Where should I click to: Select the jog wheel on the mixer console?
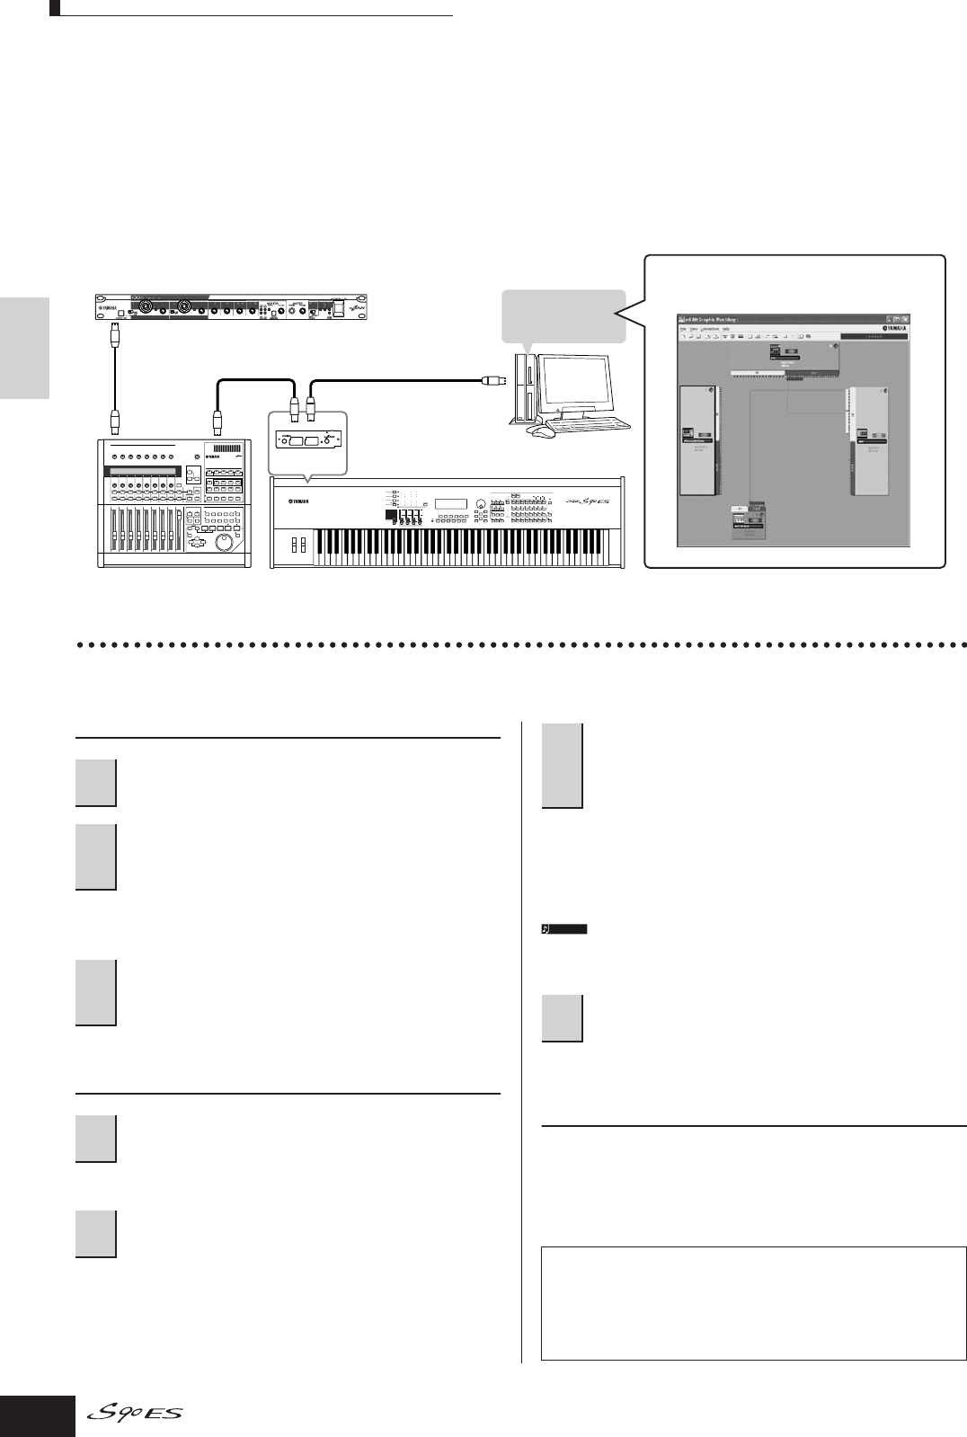point(222,545)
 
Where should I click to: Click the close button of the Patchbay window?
point(905,319)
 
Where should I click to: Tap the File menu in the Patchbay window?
point(683,329)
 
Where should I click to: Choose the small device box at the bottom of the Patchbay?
point(749,522)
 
